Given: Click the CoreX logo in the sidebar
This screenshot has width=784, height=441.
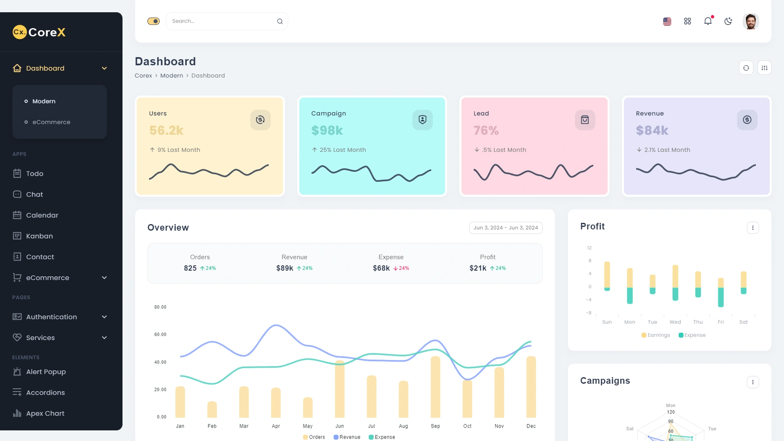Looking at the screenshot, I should pyautogui.click(x=39, y=32).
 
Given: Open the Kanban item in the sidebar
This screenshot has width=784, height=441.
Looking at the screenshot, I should pyautogui.click(x=39, y=236).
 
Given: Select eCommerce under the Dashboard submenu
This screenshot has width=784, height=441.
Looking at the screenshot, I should pyautogui.click(x=51, y=122).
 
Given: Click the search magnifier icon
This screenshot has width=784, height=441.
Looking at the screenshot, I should pyautogui.click(x=280, y=21).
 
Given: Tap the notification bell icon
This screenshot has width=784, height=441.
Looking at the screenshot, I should pyautogui.click(x=708, y=21).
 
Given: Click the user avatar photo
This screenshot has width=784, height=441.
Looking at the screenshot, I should pyautogui.click(x=751, y=21).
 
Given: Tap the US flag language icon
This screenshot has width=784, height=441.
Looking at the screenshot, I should pyautogui.click(x=667, y=21).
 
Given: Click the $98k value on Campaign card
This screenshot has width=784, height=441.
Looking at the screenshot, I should pyautogui.click(x=327, y=130).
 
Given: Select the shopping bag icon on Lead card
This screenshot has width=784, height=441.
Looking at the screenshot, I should pyautogui.click(x=585, y=120).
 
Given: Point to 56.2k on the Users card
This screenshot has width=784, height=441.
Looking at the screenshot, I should pyautogui.click(x=166, y=130).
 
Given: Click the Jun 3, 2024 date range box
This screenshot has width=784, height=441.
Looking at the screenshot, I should pyautogui.click(x=506, y=228).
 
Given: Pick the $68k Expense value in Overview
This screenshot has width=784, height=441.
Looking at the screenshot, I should pyautogui.click(x=381, y=268).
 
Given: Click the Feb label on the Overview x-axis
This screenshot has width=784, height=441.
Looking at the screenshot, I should pyautogui.click(x=212, y=426).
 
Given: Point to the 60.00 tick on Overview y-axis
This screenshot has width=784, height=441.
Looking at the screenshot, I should pyautogui.click(x=160, y=334).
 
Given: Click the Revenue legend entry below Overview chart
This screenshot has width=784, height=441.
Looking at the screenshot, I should pyautogui.click(x=347, y=437).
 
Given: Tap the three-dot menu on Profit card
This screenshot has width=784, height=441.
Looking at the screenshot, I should pyautogui.click(x=753, y=228).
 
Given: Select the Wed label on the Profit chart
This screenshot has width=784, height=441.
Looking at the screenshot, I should pyautogui.click(x=675, y=322).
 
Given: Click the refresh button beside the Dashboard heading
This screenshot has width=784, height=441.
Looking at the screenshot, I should pyautogui.click(x=746, y=68).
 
